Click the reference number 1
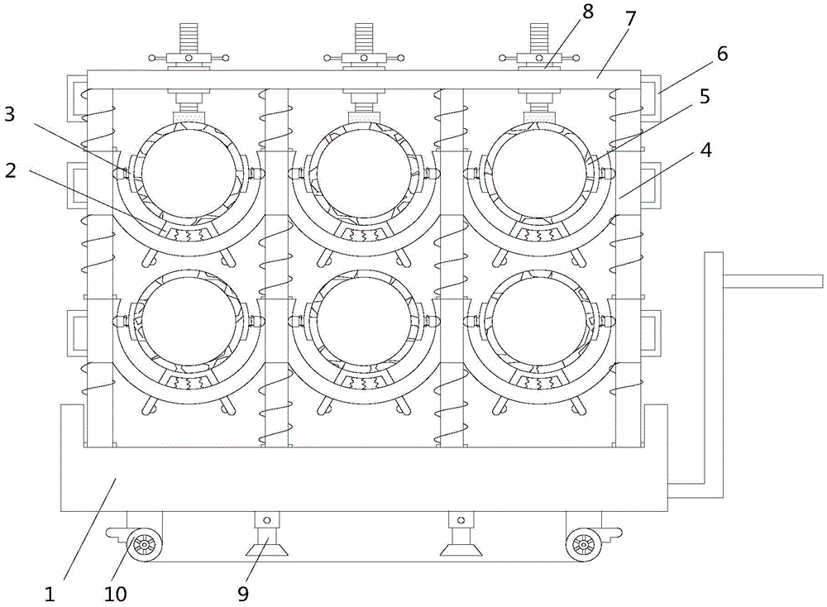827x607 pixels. click(49, 595)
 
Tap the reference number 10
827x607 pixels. click(116, 595)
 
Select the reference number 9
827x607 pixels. click(242, 595)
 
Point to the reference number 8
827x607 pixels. click(587, 12)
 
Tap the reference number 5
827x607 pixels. click(705, 97)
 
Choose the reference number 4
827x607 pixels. click(705, 151)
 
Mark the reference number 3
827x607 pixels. click(10, 114)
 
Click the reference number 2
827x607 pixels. click(10, 171)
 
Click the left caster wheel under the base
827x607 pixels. click(143, 542)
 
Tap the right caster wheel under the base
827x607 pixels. click(583, 542)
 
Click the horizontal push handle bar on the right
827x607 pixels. click(772, 282)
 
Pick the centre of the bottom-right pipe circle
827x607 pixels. click(539, 322)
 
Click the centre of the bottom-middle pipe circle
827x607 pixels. click(364, 322)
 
